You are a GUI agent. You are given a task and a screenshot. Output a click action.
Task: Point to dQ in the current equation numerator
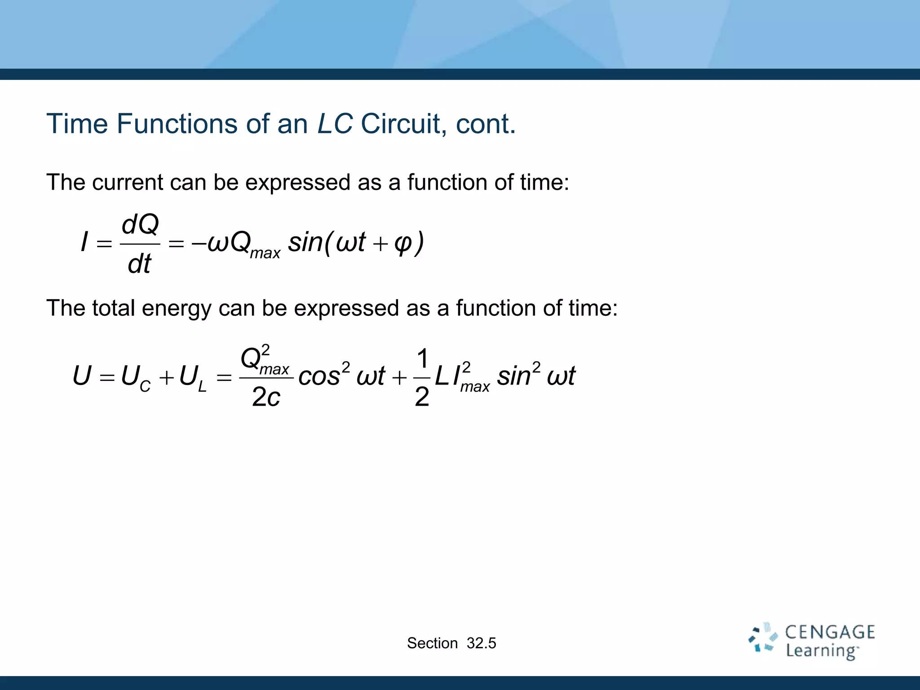click(x=140, y=224)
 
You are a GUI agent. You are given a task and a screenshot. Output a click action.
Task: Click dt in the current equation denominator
click(x=139, y=264)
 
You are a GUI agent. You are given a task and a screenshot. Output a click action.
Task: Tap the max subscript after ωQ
click(x=265, y=253)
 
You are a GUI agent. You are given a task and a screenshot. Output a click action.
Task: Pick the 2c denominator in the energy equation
click(x=266, y=397)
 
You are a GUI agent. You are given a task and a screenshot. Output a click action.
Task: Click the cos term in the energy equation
click(x=319, y=376)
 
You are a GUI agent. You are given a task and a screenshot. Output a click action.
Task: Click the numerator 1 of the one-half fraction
click(x=422, y=358)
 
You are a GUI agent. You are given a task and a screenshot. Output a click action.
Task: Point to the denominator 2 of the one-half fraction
click(x=422, y=397)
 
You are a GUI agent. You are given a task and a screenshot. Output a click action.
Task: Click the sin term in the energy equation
click(x=514, y=376)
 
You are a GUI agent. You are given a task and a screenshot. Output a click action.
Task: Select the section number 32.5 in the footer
click(x=481, y=643)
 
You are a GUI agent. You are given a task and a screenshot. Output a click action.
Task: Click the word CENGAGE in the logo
click(x=830, y=632)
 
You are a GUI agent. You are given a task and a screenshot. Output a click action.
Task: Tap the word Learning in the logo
click(x=821, y=651)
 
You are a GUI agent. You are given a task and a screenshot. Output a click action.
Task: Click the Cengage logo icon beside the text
click(x=762, y=638)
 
